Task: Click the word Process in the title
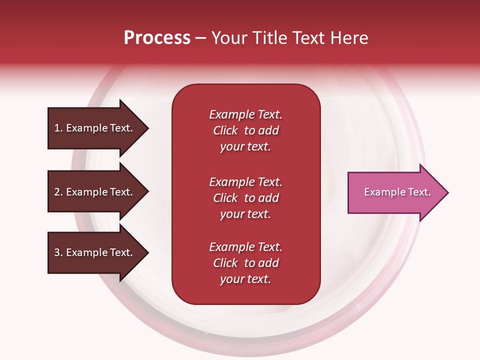coord(157,38)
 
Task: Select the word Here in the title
coord(349,38)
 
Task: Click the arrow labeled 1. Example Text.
coord(98,128)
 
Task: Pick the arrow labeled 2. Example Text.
coord(98,191)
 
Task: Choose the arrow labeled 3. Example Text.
coord(98,252)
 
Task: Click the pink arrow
coord(398,193)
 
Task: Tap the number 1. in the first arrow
coord(58,128)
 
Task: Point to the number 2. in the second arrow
coord(58,192)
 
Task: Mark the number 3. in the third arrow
coord(58,252)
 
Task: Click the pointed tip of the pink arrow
coord(449,193)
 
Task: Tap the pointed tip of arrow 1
coord(149,128)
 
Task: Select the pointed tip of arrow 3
coord(149,252)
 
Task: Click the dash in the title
coord(201,38)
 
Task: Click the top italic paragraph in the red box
coord(246,130)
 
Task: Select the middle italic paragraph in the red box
coord(246,198)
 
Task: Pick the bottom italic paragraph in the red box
coord(246,263)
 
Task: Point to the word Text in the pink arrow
coord(419,192)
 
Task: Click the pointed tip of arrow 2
coord(149,191)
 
